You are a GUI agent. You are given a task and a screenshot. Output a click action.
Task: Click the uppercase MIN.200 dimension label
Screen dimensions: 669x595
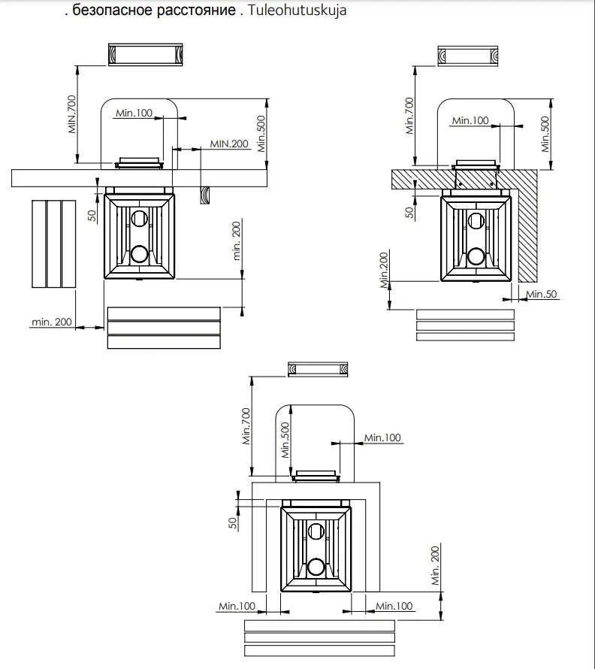229,144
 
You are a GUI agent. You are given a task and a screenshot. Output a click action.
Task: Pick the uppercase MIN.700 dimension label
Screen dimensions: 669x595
72,114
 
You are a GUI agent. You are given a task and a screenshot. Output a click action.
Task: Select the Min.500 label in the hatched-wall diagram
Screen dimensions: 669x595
545,134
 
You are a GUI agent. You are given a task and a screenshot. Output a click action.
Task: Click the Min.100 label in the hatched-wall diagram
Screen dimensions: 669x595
470,120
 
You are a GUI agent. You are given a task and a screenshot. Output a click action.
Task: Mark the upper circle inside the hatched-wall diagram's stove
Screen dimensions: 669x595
476,220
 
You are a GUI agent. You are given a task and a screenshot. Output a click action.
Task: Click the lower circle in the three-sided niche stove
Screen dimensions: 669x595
317,565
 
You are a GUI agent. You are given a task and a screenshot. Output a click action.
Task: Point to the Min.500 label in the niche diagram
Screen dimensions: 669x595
285,440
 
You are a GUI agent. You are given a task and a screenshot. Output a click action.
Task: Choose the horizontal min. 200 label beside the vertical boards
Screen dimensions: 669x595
52,322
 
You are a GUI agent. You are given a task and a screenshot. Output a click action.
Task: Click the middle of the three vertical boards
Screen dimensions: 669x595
54,244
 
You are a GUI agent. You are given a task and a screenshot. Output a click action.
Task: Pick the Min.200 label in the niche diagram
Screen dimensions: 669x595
436,565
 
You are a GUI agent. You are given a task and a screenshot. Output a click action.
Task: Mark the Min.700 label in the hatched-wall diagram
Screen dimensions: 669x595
410,116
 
